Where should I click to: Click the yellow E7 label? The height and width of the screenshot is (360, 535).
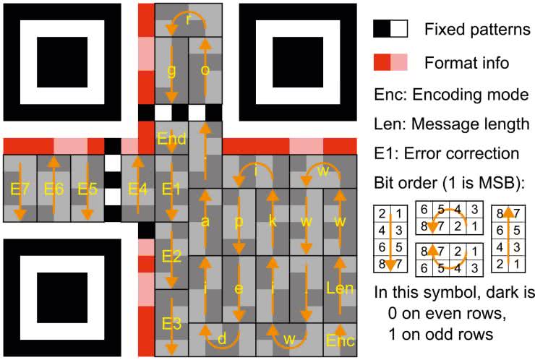click(19, 189)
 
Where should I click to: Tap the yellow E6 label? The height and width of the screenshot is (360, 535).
click(54, 189)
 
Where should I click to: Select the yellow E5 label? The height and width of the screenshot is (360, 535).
click(87, 189)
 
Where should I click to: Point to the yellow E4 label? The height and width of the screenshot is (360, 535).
click(137, 189)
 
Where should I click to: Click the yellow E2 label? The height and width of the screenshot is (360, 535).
click(171, 256)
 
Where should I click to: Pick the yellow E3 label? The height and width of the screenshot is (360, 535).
click(171, 323)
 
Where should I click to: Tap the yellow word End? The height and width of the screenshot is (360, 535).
click(171, 139)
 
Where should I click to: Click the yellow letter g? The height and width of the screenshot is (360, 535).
click(171, 72)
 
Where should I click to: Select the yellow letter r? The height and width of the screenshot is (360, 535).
click(189, 20)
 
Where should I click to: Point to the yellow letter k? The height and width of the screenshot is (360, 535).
click(273, 221)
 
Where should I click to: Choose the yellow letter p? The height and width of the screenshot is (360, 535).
click(239, 223)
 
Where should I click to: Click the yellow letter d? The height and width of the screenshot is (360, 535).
click(222, 339)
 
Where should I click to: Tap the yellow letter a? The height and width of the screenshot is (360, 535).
click(205, 222)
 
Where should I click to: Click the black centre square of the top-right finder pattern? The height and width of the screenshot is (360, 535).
click(298, 62)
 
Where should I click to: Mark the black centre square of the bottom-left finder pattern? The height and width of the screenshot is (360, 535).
click(62, 298)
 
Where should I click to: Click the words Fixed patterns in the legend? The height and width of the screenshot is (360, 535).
click(477, 30)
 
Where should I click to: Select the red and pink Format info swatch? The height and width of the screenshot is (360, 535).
click(390, 62)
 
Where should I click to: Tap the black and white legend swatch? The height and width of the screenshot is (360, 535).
click(390, 29)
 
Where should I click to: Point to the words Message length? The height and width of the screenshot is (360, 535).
click(471, 124)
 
